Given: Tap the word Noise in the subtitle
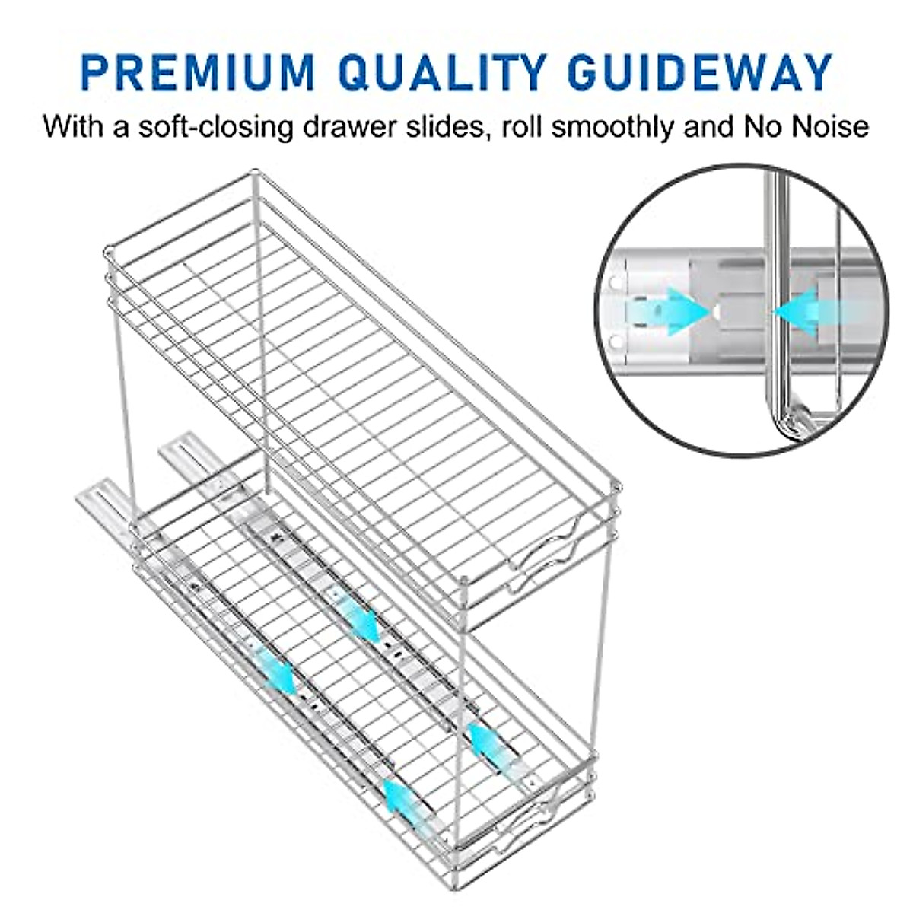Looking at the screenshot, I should [x=832, y=126].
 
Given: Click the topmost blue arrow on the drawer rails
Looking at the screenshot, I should [x=358, y=616].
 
